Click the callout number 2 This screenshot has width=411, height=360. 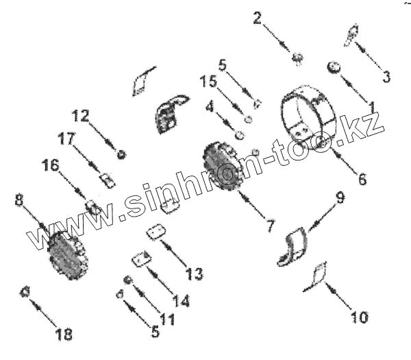click(x=258, y=18)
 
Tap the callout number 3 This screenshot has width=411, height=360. click(x=386, y=76)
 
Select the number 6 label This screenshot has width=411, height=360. click(x=362, y=180)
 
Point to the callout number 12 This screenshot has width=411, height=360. click(x=80, y=116)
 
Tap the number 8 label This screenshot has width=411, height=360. click(x=19, y=200)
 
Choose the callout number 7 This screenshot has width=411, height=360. click(x=271, y=224)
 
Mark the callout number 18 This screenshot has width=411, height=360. click(x=64, y=335)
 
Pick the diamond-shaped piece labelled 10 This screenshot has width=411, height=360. click(x=318, y=274)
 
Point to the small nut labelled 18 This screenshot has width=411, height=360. click(x=25, y=291)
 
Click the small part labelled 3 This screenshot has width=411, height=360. click(x=352, y=36)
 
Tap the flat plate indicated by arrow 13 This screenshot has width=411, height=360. click(x=157, y=232)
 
